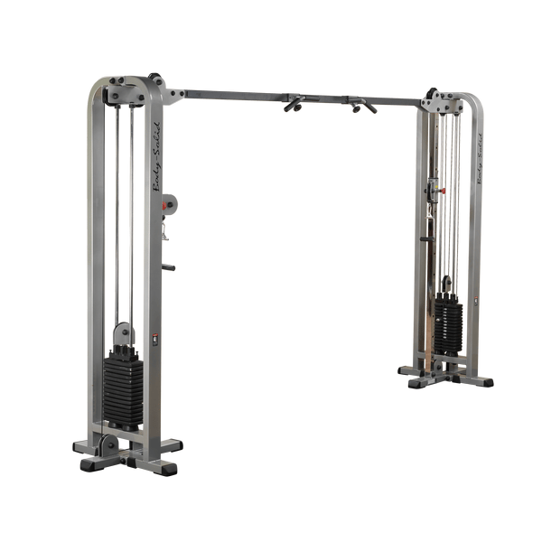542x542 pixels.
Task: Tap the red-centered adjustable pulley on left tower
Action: point(169,205)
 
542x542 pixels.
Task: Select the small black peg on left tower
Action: point(167,267)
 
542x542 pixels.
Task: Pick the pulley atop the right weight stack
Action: point(447,285)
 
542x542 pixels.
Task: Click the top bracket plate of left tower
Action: point(126,90)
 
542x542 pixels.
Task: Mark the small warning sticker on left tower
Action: point(154,341)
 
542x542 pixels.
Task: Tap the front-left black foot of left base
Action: point(91,464)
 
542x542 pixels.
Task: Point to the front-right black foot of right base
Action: point(483,380)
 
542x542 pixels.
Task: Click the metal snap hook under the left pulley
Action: point(164,231)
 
